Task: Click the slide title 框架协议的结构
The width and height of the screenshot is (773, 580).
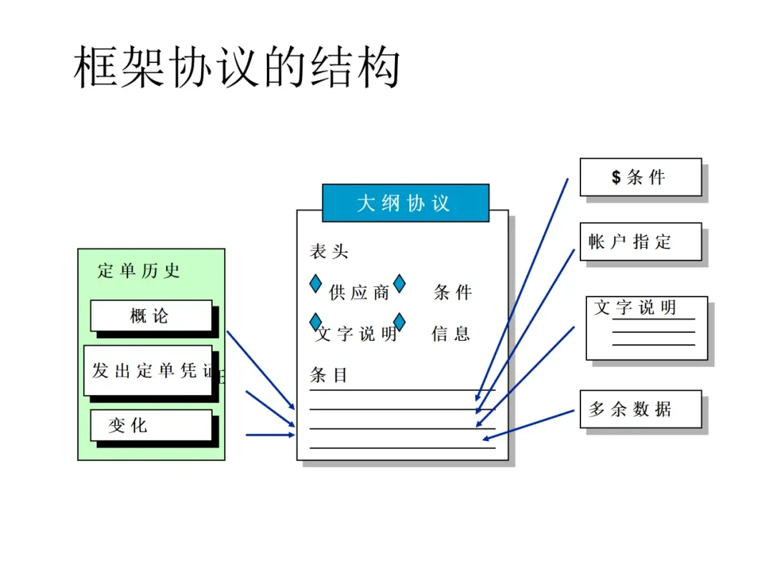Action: click(237, 68)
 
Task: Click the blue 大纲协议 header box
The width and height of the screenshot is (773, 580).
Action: click(405, 203)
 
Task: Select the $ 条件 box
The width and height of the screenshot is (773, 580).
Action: click(640, 177)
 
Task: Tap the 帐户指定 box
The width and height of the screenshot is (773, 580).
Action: click(640, 242)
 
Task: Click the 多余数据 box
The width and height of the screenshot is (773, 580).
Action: click(640, 409)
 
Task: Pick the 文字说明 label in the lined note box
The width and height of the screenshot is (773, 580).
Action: click(635, 308)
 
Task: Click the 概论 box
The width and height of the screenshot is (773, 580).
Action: click(151, 316)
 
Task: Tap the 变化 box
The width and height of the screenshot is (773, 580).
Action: click(151, 425)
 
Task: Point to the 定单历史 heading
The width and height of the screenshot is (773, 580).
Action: click(139, 271)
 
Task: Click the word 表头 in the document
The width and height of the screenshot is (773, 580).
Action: click(329, 251)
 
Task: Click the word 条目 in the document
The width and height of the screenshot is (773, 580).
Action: click(329, 374)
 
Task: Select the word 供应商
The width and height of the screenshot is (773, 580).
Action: click(359, 292)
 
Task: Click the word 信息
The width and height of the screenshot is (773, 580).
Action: click(451, 334)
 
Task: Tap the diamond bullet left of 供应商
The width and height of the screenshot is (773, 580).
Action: click(316, 284)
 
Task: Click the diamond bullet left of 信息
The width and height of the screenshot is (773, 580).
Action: click(399, 322)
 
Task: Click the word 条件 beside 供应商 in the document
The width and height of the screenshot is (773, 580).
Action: click(453, 292)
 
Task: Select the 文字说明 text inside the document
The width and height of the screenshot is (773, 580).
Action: click(356, 334)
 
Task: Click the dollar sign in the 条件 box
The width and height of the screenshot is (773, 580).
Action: click(616, 177)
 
